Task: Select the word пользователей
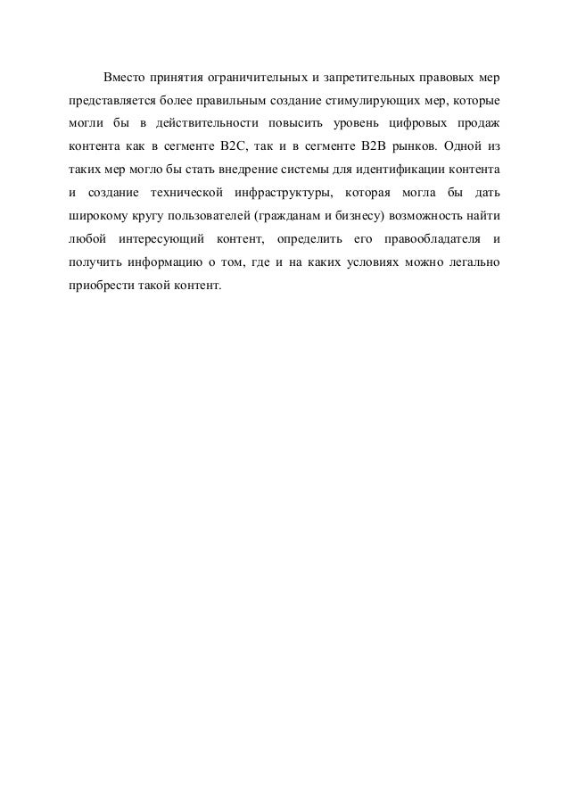coord(211,216)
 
